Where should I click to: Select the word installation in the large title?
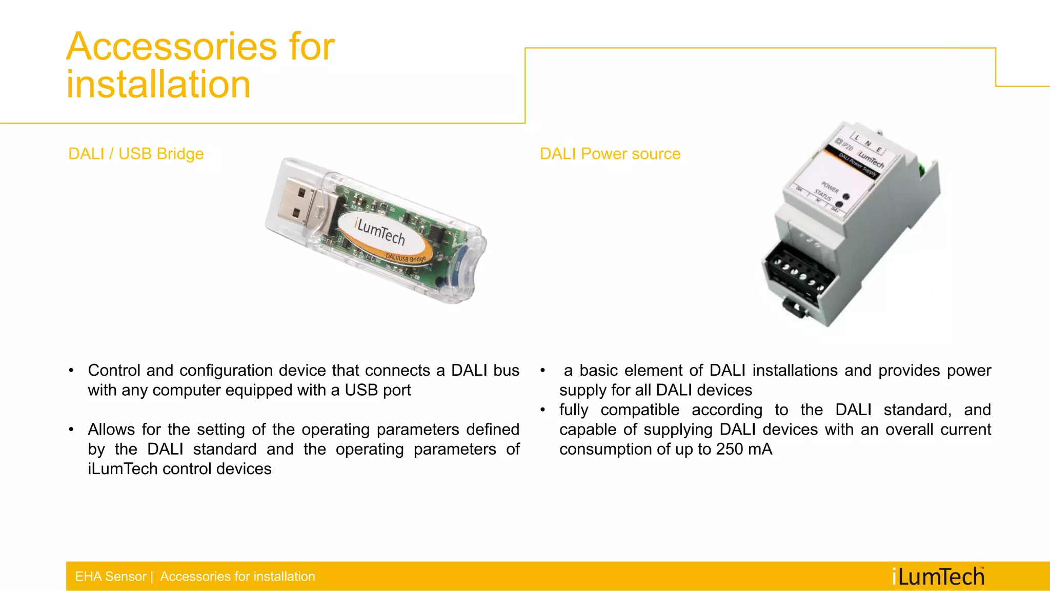click(x=158, y=85)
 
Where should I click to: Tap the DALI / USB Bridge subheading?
click(x=136, y=154)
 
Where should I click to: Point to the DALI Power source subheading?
click(x=610, y=154)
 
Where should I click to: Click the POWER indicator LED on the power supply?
click(x=846, y=196)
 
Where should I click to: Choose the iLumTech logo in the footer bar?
click(x=938, y=577)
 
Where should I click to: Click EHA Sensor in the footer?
click(x=110, y=577)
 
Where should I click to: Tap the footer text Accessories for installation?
click(x=237, y=577)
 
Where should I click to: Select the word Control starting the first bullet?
click(x=114, y=371)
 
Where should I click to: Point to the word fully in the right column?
click(x=574, y=410)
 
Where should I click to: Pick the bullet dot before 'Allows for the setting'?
click(x=71, y=430)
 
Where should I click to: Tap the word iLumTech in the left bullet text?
click(x=123, y=469)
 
